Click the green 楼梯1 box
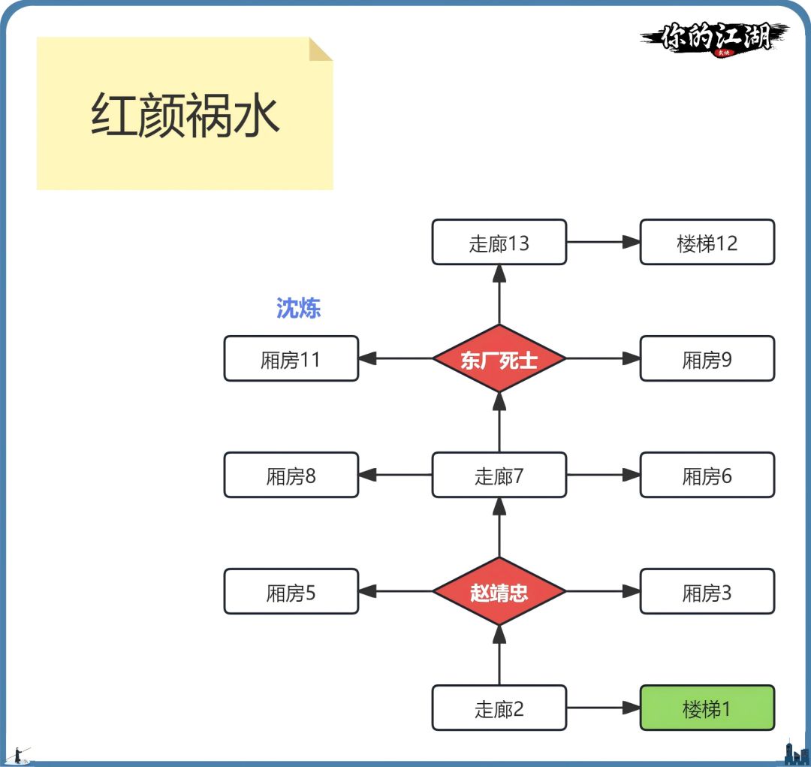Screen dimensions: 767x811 (707, 708)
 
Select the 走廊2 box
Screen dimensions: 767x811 (499, 708)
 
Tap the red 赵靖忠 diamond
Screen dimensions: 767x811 (499, 591)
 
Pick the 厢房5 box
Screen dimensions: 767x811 (291, 591)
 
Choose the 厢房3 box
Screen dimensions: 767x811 (707, 591)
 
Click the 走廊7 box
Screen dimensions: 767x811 (499, 475)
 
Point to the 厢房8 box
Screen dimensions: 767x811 (291, 475)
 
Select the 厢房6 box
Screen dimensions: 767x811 (707, 475)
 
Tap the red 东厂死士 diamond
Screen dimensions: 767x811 (499, 358)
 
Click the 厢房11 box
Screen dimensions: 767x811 (291, 358)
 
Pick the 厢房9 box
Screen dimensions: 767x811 (707, 358)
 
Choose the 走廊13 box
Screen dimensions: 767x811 (499, 242)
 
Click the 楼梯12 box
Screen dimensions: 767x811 (707, 242)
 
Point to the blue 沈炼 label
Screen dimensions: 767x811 (299, 308)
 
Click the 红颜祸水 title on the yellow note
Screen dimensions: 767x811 (185, 116)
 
